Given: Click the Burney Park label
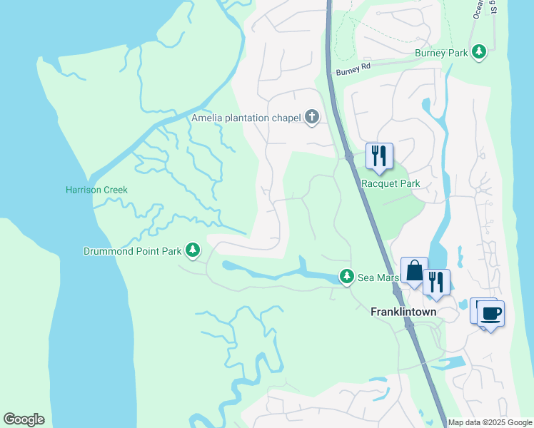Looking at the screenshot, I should pos(440,53).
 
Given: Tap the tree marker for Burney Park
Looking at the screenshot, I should pos(480,52).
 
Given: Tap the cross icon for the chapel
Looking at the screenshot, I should pos(311,117).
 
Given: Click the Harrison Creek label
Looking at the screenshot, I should pos(96,190).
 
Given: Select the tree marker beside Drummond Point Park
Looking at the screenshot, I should pos(192,250).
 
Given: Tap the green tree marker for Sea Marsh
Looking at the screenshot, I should pos(346,276).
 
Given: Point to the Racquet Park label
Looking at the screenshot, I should pos(390,183).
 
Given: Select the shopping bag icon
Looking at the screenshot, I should pos(414,271).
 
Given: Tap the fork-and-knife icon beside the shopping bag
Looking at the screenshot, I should pos(436,282).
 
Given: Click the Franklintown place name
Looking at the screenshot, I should pos(403,312).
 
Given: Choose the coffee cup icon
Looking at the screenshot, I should pos(490,312).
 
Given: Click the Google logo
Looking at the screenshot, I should pos(24,419).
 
